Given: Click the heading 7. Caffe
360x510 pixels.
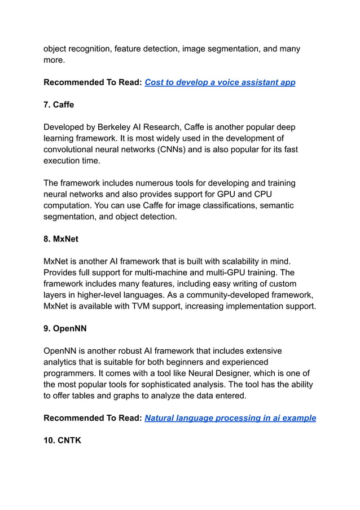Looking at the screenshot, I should pyautogui.click(x=59, y=105).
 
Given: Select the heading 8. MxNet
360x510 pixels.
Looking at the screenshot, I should pyautogui.click(x=61, y=239).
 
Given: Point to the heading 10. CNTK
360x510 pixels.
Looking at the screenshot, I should pyautogui.click(x=62, y=440).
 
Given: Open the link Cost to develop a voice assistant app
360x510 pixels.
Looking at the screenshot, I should pyautogui.click(x=220, y=82).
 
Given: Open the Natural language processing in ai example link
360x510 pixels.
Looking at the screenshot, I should pyautogui.click(x=230, y=418).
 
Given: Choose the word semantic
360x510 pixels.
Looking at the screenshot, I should pyautogui.click(x=276, y=205).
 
